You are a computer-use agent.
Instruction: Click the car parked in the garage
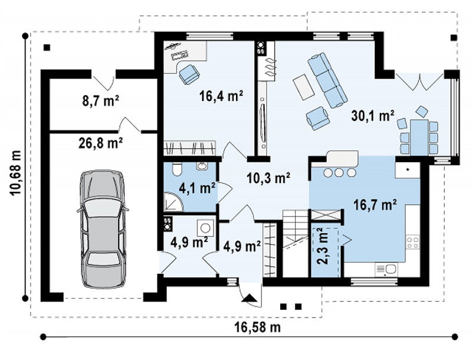click(102, 230)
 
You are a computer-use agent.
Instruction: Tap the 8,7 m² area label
click(100, 101)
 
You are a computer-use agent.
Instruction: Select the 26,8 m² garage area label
click(100, 143)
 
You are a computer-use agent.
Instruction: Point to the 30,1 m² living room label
click(373, 116)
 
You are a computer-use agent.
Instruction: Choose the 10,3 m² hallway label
click(268, 178)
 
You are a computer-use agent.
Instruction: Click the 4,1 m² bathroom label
click(197, 188)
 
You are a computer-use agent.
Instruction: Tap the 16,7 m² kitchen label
click(375, 205)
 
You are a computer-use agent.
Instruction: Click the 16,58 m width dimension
click(257, 327)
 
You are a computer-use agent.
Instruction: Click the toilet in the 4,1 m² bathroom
click(176, 169)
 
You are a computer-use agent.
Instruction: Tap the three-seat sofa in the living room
click(327, 80)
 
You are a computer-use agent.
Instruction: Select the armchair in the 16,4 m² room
click(189, 74)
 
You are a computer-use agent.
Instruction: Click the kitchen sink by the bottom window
click(386, 269)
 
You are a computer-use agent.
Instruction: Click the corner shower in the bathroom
click(173, 202)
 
